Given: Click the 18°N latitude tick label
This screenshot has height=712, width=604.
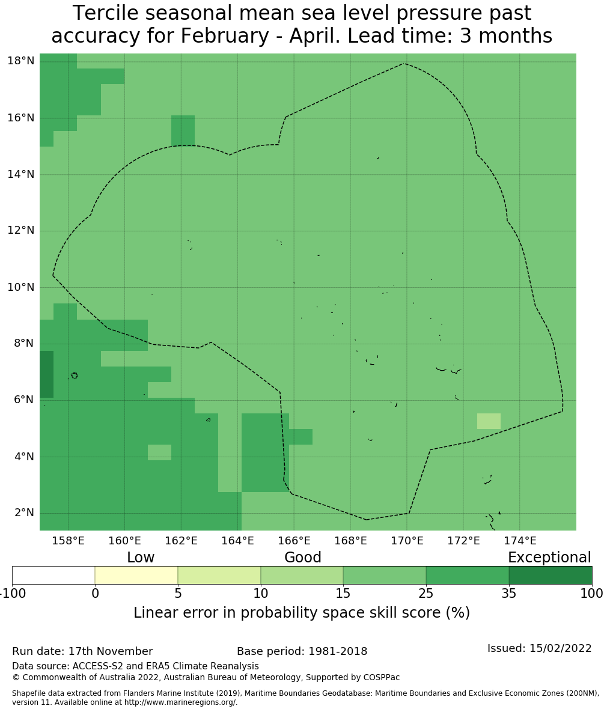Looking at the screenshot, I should click(x=20, y=61).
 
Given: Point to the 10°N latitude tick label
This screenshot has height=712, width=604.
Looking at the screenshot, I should click(x=20, y=287).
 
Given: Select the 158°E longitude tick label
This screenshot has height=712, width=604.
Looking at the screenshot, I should click(x=68, y=541).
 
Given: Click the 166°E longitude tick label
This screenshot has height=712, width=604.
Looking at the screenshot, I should click(x=294, y=541).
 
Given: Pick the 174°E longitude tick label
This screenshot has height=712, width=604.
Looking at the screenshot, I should click(x=520, y=541).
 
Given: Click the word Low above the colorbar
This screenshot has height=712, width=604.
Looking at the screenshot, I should click(x=141, y=558).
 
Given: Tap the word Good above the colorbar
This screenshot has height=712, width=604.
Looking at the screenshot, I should click(x=303, y=558).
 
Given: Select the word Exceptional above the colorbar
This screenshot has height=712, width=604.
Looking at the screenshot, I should click(x=549, y=558).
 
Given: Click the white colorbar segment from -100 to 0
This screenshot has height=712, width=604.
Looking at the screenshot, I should click(x=53, y=575).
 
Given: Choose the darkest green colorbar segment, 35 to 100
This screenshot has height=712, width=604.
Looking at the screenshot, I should click(x=550, y=575).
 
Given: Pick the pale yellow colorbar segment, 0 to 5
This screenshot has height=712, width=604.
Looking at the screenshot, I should click(x=136, y=575).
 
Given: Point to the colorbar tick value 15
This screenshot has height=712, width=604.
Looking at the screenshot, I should click(x=343, y=594).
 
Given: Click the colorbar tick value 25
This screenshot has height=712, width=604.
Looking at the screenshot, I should click(x=426, y=594).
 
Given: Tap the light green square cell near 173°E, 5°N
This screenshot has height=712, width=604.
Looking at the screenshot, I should click(x=489, y=421).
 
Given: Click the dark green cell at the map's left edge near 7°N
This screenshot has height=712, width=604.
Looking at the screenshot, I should click(x=47, y=374).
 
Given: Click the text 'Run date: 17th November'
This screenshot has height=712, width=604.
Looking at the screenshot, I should click(x=82, y=651).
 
